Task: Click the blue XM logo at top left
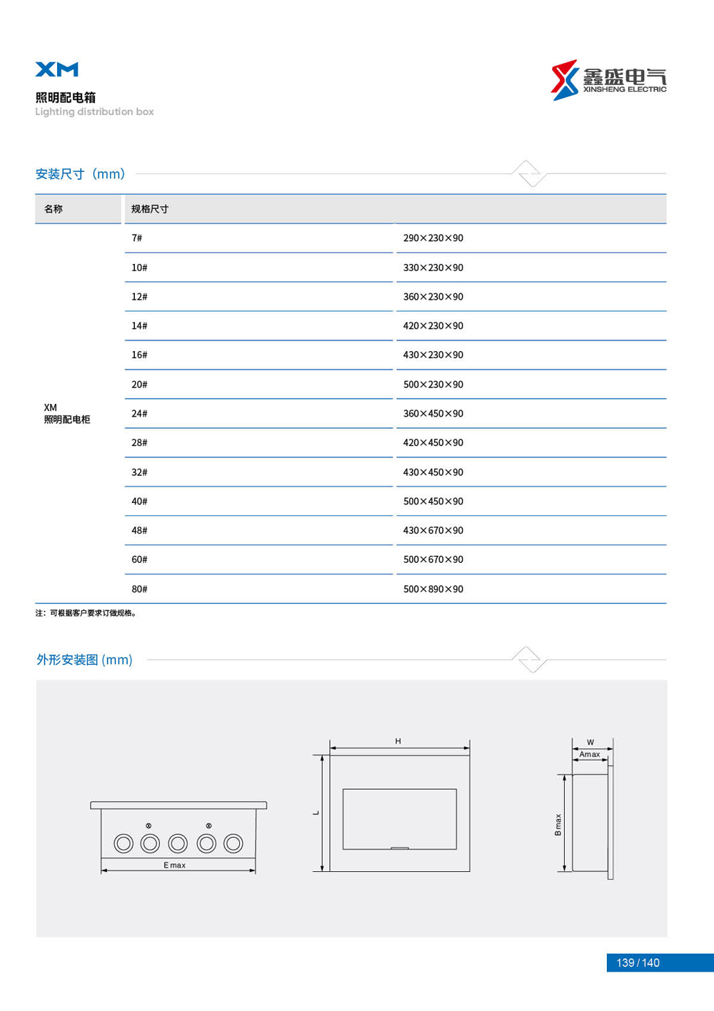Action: [57, 69]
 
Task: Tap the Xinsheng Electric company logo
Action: [608, 80]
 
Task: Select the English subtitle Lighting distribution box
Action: [94, 112]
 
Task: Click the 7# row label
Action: [136, 238]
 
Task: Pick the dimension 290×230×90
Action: [433, 238]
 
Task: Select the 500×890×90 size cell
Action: [433, 589]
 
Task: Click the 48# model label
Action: [139, 531]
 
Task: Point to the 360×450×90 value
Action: [433, 414]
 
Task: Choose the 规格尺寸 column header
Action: [150, 209]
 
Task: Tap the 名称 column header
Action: [54, 209]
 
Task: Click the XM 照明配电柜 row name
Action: [66, 414]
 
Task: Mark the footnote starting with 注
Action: [86, 613]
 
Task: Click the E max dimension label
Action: [174, 865]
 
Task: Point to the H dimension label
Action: [398, 741]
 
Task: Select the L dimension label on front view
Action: [316, 813]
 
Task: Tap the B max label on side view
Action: [558, 825]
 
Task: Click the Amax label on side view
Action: [590, 754]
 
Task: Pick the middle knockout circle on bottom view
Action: [178, 844]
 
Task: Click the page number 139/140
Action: [638, 963]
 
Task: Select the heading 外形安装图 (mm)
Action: [84, 660]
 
